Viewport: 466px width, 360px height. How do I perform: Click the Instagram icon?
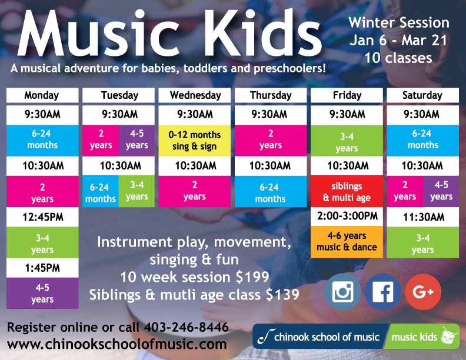coord(342,292)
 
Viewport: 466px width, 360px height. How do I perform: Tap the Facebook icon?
coord(383,292)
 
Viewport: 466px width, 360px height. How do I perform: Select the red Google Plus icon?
coord(423,292)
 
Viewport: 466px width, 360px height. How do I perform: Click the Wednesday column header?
coord(195,95)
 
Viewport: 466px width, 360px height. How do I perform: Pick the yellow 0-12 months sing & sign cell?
coord(195,141)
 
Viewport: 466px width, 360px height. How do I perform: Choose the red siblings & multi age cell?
coord(347,191)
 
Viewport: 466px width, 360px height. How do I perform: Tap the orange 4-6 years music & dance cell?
coord(347,242)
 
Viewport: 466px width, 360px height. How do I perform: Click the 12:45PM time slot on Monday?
coord(42,217)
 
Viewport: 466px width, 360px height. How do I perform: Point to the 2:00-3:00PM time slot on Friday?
coord(347,216)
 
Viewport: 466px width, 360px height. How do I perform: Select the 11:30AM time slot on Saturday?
coord(423,217)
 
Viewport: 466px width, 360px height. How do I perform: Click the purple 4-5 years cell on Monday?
coord(42,293)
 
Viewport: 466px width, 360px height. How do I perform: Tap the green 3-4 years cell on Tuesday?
coord(137,191)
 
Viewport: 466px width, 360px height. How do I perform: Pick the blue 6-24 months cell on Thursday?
coord(271,191)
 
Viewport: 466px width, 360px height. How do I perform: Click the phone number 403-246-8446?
coord(187,327)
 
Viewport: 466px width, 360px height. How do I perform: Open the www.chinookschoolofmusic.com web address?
coord(117,344)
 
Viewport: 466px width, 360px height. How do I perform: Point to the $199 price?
coord(252,277)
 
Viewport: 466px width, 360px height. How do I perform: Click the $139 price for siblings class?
coord(282,295)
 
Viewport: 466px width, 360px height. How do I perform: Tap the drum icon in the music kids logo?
coord(450,336)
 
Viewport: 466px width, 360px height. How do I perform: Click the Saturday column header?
coord(423,95)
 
